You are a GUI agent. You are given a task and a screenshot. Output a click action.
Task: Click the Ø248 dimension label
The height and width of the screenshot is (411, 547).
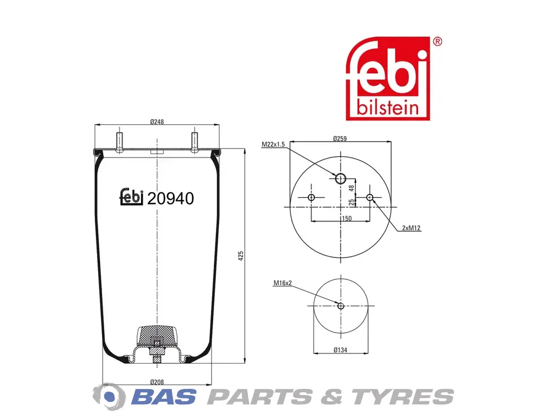(x=157, y=121)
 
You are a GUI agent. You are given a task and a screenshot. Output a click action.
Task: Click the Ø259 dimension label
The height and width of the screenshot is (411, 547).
(x=340, y=139)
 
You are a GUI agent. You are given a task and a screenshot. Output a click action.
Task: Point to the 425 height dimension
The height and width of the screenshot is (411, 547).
(x=241, y=256)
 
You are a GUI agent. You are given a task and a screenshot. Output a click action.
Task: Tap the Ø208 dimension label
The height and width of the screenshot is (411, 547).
(x=157, y=382)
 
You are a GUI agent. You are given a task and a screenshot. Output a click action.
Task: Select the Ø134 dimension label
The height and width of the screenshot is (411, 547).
(x=341, y=349)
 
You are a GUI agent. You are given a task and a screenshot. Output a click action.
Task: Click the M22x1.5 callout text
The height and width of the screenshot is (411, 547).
(x=273, y=144)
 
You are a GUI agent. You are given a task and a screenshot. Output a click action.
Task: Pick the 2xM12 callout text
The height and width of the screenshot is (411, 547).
(x=411, y=228)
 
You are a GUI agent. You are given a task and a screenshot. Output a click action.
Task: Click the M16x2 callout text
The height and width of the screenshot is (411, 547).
(x=283, y=283)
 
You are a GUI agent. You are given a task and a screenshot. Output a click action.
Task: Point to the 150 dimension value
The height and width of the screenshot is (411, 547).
(x=346, y=218)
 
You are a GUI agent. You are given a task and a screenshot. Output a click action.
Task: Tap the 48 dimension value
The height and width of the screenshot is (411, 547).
(x=352, y=187)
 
